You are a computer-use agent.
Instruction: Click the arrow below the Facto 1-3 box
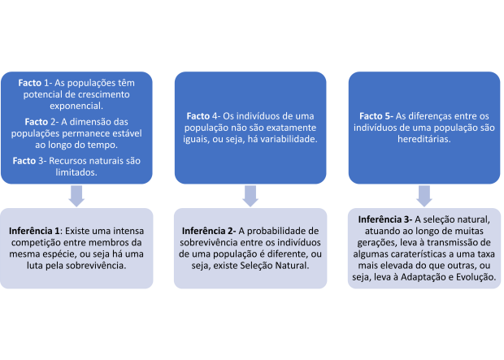tap(76, 196)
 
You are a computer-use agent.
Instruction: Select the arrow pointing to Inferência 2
tap(250, 196)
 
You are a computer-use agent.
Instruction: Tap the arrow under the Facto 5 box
tap(424, 196)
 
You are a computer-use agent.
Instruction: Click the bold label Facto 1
tap(33, 83)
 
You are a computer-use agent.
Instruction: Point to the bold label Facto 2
tap(40, 122)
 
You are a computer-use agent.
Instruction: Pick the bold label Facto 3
tap(28, 161)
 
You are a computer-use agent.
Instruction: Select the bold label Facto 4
tap(202, 116)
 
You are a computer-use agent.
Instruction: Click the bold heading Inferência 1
tap(34, 231)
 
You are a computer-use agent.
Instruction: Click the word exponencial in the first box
tap(76, 106)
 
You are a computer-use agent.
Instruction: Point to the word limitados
tap(76, 172)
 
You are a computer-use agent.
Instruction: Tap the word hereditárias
tap(424, 139)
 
